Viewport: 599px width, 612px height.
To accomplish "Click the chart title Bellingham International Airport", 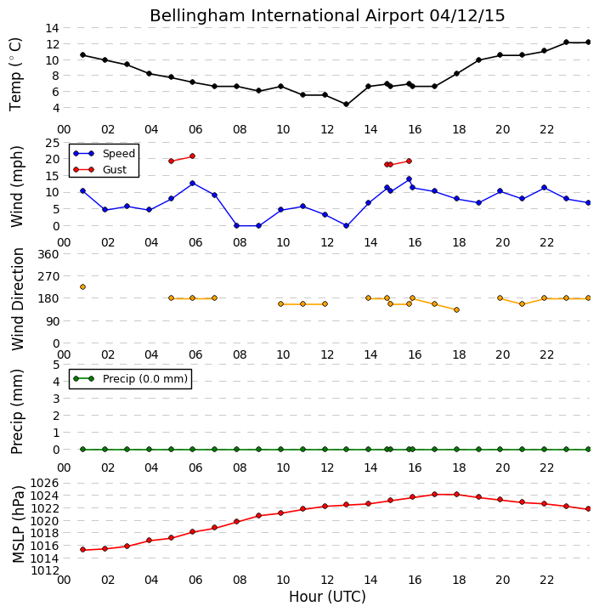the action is pyautogui.click(x=287, y=16).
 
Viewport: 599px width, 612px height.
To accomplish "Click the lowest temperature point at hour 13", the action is pyautogui.click(x=346, y=105).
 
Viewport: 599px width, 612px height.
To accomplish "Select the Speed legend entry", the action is pyautogui.click(x=105, y=153).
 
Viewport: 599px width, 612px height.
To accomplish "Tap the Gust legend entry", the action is pyautogui.click(x=100, y=170).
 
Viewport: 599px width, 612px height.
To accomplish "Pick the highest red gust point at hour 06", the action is pyautogui.click(x=192, y=156).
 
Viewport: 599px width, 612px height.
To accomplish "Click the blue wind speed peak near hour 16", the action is pyautogui.click(x=409, y=179).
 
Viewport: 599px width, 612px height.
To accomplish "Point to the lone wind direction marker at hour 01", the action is pyautogui.click(x=82, y=287).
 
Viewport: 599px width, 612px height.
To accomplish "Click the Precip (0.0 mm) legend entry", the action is pyautogui.click(x=130, y=378).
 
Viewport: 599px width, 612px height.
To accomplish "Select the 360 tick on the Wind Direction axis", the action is pyautogui.click(x=49, y=254).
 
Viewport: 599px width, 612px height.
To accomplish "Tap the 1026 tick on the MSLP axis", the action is pyautogui.click(x=45, y=483).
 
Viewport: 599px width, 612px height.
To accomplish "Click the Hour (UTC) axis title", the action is pyautogui.click(x=327, y=597).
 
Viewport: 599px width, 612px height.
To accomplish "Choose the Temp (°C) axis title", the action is pyautogui.click(x=15, y=74).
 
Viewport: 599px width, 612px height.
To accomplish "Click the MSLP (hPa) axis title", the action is pyautogui.click(x=18, y=524).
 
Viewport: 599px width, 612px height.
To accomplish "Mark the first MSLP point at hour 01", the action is pyautogui.click(x=82, y=550).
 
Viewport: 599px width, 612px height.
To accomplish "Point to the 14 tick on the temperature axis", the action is pyautogui.click(x=53, y=28).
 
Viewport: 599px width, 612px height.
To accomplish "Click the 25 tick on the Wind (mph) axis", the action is pyautogui.click(x=53, y=143).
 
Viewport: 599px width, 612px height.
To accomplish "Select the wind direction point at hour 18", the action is pyautogui.click(x=456, y=310).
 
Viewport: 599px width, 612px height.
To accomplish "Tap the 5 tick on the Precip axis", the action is pyautogui.click(x=56, y=365).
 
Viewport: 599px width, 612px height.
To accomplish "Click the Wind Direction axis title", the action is pyautogui.click(x=18, y=299).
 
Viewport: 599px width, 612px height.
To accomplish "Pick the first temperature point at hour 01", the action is pyautogui.click(x=82, y=55).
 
